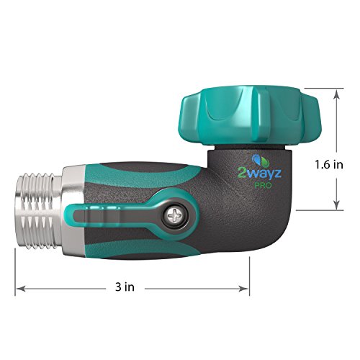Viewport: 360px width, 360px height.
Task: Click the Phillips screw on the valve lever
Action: tap(174, 214)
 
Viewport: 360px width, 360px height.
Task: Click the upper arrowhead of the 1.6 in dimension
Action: tap(336, 92)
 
